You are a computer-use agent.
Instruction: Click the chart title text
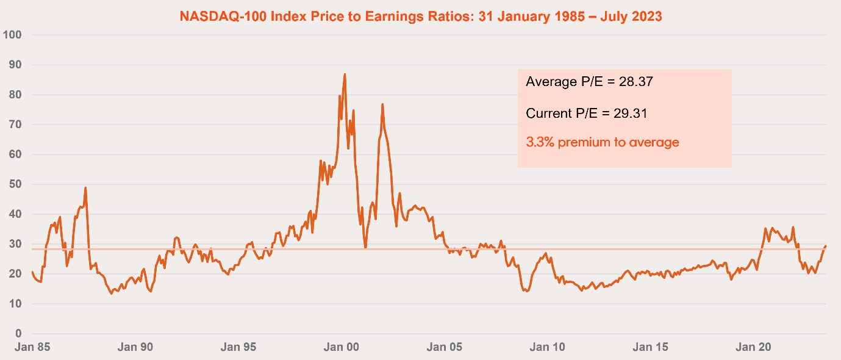(x=420, y=16)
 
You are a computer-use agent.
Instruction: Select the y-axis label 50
(x=15, y=184)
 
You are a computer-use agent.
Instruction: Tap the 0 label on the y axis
(x=18, y=334)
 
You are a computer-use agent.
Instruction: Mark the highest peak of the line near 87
(x=345, y=74)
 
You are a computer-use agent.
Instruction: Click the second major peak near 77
(x=382, y=104)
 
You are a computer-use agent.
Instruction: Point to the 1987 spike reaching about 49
(x=85, y=188)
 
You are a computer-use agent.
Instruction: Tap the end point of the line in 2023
(x=826, y=246)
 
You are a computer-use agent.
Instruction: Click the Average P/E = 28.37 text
(x=589, y=82)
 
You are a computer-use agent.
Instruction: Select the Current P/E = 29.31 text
(x=586, y=113)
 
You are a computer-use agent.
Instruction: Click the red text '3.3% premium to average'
(x=602, y=143)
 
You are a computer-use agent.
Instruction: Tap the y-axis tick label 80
(x=15, y=95)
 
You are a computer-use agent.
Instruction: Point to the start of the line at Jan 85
(x=32, y=272)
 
